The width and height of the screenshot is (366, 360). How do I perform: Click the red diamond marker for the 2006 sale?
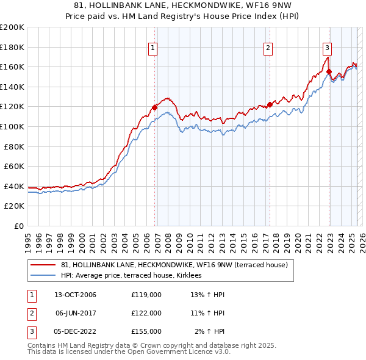pyautogui.click(x=154, y=107)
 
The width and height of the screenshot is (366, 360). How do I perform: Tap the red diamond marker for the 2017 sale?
pyautogui.click(x=269, y=104)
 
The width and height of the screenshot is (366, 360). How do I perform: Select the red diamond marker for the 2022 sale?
pyautogui.click(x=329, y=72)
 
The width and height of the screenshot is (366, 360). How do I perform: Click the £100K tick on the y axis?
pyautogui.click(x=12, y=126)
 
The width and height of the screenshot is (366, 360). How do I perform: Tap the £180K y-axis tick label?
pyautogui.click(x=12, y=47)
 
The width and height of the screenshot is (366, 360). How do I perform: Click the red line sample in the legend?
pyautogui.click(x=43, y=265)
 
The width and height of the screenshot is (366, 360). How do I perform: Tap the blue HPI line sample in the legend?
pyautogui.click(x=43, y=275)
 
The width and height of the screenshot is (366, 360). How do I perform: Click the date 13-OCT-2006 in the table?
pyautogui.click(x=75, y=295)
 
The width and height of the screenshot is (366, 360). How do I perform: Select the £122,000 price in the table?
pyautogui.click(x=146, y=313)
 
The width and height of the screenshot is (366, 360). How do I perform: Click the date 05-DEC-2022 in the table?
pyautogui.click(x=75, y=331)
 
